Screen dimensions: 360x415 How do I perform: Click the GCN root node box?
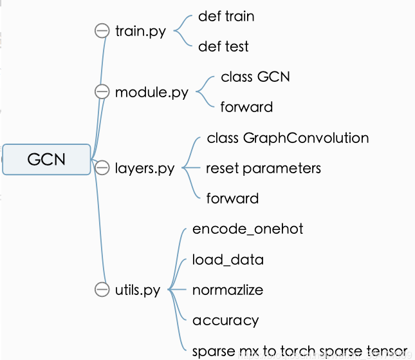(46, 158)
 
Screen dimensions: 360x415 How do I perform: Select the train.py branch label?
(140, 31)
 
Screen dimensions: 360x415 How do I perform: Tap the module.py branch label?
(151, 92)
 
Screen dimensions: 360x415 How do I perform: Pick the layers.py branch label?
(144, 168)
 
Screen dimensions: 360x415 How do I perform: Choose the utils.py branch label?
(137, 290)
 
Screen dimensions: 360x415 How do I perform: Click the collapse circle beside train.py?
(102, 31)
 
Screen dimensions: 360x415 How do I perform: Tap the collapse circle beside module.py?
(102, 92)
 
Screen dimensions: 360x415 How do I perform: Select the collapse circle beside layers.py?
(102, 168)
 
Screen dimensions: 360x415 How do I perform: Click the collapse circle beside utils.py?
(102, 290)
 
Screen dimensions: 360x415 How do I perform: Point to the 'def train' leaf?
(226, 16)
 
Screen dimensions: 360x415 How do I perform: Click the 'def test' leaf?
(223, 46)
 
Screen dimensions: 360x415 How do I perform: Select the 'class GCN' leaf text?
(255, 77)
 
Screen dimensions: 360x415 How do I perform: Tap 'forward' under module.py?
(246, 107)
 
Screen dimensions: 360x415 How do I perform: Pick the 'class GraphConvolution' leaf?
(288, 138)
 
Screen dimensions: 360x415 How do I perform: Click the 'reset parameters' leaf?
(263, 168)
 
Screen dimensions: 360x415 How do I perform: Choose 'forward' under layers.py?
(232, 198)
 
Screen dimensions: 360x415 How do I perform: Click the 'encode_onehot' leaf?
(248, 229)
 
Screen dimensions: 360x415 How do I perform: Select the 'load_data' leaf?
(228, 260)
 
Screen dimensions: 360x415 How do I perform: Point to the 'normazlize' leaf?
(228, 290)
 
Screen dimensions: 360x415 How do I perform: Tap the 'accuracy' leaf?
(225, 321)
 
